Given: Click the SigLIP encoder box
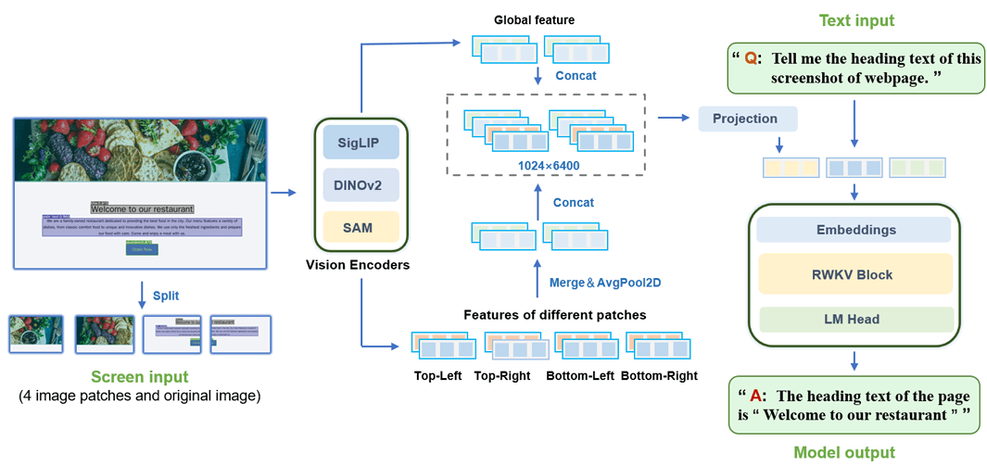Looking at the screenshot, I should point(361,142).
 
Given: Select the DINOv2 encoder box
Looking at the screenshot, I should point(361,184).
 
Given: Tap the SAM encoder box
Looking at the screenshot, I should point(361,227).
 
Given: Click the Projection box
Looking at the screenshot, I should point(745,119).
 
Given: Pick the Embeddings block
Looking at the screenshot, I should point(854,229).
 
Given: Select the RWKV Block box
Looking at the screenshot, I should point(854,274).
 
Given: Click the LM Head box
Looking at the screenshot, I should point(854,320).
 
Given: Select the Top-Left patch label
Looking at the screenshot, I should point(440,376).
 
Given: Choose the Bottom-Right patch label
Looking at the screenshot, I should point(659,376).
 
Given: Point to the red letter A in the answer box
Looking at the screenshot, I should point(756,397).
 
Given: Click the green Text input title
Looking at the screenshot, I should point(855,19).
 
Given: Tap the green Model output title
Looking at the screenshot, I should point(844,453).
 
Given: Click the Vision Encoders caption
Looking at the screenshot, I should point(358,265).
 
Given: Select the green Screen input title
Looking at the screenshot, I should point(139,376).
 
